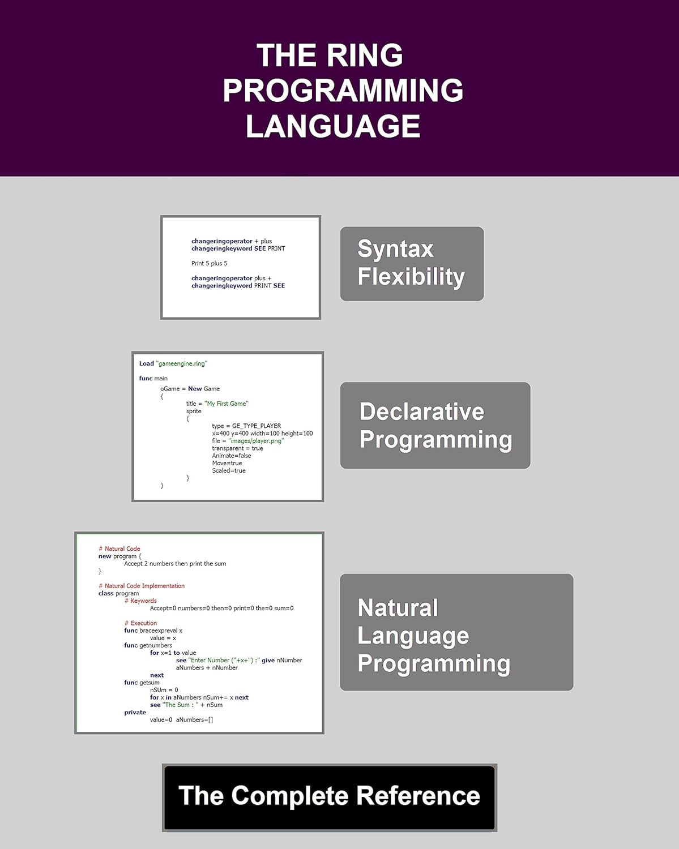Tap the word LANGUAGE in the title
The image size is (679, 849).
coord(333,126)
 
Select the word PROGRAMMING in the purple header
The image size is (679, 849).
coord(343,91)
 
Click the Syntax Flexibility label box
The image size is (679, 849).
coord(412,264)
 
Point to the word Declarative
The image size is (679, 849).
coord(422,411)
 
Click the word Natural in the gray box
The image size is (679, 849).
coord(398,608)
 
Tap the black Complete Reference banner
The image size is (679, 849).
coord(330,797)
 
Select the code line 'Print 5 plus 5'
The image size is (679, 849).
coord(209,263)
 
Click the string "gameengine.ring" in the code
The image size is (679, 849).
coord(181,363)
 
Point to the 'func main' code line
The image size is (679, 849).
coord(153,378)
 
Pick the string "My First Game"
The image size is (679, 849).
coord(227,404)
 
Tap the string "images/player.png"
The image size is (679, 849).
coord(256,440)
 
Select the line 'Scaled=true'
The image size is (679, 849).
coord(229,470)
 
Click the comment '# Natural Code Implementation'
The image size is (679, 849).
coord(142,586)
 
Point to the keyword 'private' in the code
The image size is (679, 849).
coord(135,712)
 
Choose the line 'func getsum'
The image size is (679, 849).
coord(142,683)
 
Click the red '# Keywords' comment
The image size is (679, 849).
coord(140,601)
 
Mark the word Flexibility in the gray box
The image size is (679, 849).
coord(411,277)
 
